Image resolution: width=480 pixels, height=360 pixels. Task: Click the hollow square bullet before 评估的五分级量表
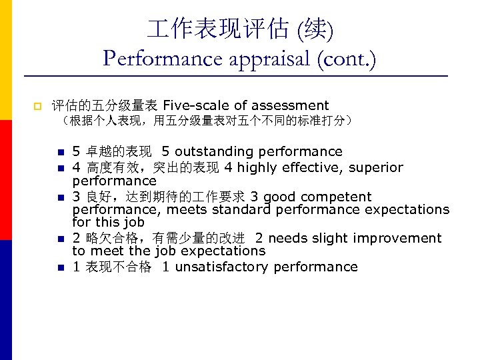tap(37, 106)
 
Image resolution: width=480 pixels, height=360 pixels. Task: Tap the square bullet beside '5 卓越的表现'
tap(59, 152)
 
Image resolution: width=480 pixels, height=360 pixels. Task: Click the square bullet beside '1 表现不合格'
tap(59, 267)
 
